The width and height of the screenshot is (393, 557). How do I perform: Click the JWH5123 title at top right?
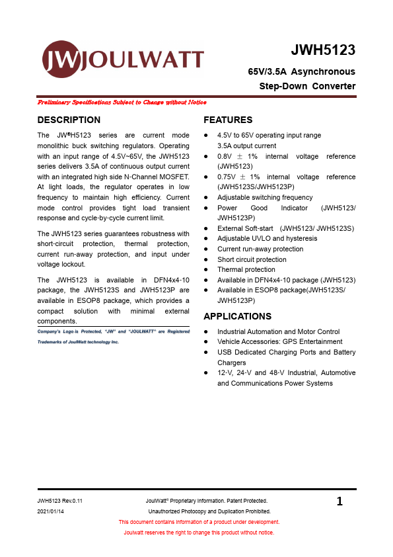[x=323, y=50]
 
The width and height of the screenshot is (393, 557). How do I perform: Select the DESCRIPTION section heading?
[x=69, y=120]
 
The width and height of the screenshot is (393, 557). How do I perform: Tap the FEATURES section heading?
[x=228, y=120]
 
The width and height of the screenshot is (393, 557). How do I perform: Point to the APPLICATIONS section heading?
[x=237, y=316]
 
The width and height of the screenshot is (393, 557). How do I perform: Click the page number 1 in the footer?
[x=339, y=502]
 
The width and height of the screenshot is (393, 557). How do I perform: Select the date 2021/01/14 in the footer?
[x=52, y=511]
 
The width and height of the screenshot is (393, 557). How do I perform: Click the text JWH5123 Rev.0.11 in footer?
[x=60, y=501]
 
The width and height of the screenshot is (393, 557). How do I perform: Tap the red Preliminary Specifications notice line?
[x=122, y=103]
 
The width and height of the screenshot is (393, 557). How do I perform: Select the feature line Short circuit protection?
[x=252, y=259]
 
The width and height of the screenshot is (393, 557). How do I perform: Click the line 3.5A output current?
[x=246, y=146]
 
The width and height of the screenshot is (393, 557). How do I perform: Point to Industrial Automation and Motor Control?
[x=278, y=331]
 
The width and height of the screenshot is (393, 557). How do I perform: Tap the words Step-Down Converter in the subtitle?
[x=307, y=86]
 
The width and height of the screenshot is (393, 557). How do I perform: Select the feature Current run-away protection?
[x=260, y=249]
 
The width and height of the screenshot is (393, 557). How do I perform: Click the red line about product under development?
[x=199, y=522]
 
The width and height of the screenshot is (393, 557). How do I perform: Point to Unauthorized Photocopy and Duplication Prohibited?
[x=209, y=511]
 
